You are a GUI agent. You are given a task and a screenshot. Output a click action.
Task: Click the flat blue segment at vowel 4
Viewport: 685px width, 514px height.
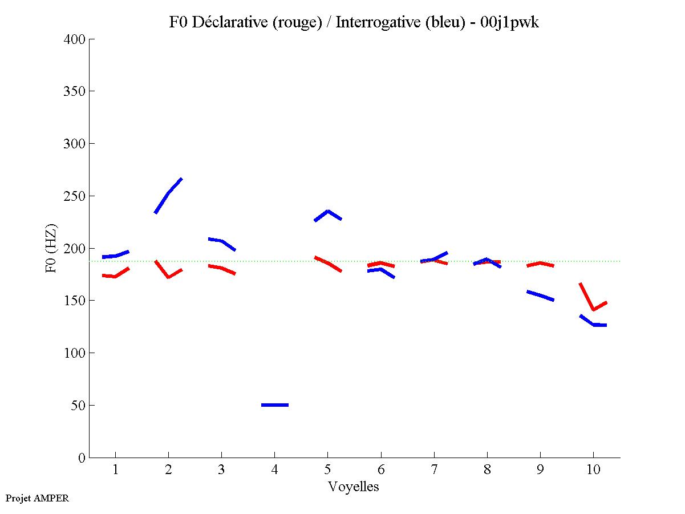(x=275, y=405)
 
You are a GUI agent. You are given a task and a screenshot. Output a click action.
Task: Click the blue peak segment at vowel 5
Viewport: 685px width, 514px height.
(x=328, y=212)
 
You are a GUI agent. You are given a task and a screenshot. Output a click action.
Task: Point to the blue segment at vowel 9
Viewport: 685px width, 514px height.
(x=540, y=296)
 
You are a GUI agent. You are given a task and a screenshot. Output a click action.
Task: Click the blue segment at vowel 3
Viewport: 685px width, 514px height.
(x=221, y=241)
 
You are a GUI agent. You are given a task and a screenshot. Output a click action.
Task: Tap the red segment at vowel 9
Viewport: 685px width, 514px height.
(x=540, y=263)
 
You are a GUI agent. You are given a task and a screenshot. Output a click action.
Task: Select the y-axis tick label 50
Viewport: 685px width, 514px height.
(x=78, y=406)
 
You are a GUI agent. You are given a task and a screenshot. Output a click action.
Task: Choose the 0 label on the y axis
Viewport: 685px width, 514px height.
(x=82, y=458)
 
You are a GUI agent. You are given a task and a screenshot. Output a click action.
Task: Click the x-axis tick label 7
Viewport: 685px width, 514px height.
(x=434, y=470)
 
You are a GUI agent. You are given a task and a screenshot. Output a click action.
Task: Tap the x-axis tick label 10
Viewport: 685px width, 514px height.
(x=593, y=470)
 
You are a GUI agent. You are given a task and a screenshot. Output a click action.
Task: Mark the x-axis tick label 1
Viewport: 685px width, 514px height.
(x=116, y=470)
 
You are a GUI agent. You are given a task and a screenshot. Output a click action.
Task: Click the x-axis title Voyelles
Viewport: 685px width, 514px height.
(x=354, y=487)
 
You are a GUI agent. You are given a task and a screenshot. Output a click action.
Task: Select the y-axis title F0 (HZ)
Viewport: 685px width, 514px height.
(x=51, y=248)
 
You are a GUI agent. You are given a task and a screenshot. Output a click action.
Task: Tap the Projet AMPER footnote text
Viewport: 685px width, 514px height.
(x=37, y=498)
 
